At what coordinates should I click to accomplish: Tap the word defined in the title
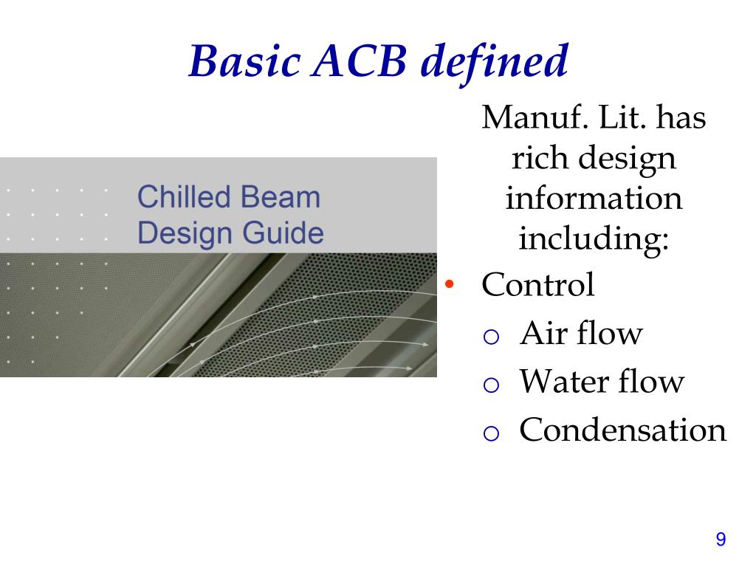tap(494, 61)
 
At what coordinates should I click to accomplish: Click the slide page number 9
tap(721, 540)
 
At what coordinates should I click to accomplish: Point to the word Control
tap(537, 285)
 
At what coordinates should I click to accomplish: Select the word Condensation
tap(623, 430)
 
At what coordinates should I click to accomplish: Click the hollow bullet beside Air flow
tap(492, 337)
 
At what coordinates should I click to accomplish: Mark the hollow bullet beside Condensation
tap(492, 434)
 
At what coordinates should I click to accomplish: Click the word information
tap(594, 199)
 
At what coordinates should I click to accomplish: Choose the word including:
tap(594, 239)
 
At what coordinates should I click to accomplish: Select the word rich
tap(535, 158)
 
